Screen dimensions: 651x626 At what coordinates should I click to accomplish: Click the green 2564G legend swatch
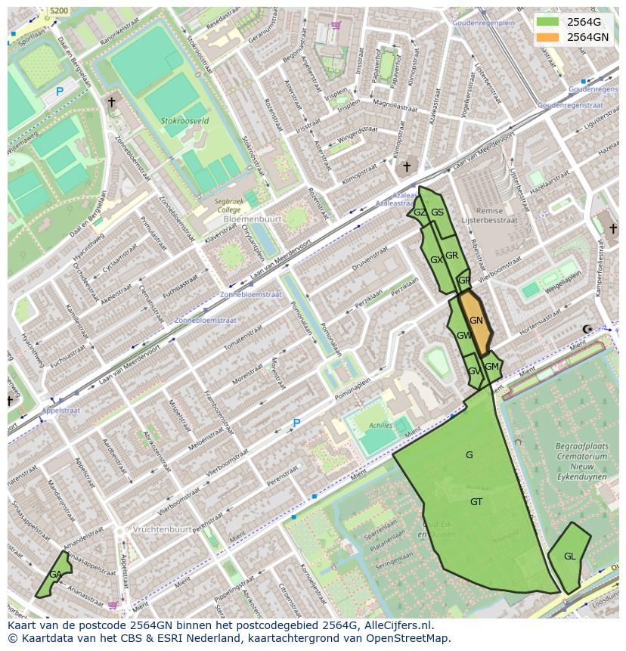click(547, 23)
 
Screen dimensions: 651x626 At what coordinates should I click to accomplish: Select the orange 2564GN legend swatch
click(547, 37)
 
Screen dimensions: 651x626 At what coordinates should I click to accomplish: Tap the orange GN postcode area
click(476, 321)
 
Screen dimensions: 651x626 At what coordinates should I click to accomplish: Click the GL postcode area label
click(569, 556)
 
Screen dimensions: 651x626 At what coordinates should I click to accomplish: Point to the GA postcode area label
click(55, 575)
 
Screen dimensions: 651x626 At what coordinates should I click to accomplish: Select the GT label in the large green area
click(476, 502)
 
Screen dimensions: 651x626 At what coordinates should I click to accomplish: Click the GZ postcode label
click(420, 212)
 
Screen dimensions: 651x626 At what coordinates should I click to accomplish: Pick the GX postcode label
click(436, 259)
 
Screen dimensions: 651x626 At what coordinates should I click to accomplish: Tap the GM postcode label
click(491, 367)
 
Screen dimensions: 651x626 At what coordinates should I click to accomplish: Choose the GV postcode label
click(473, 371)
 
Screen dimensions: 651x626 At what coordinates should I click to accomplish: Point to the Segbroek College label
click(225, 206)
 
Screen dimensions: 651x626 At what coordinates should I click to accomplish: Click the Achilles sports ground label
click(380, 426)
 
